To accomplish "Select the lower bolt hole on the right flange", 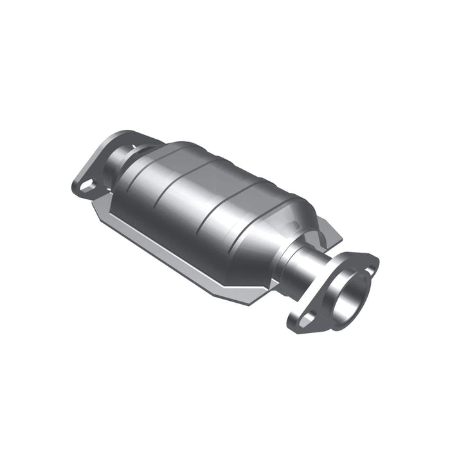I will tap(309, 318).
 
